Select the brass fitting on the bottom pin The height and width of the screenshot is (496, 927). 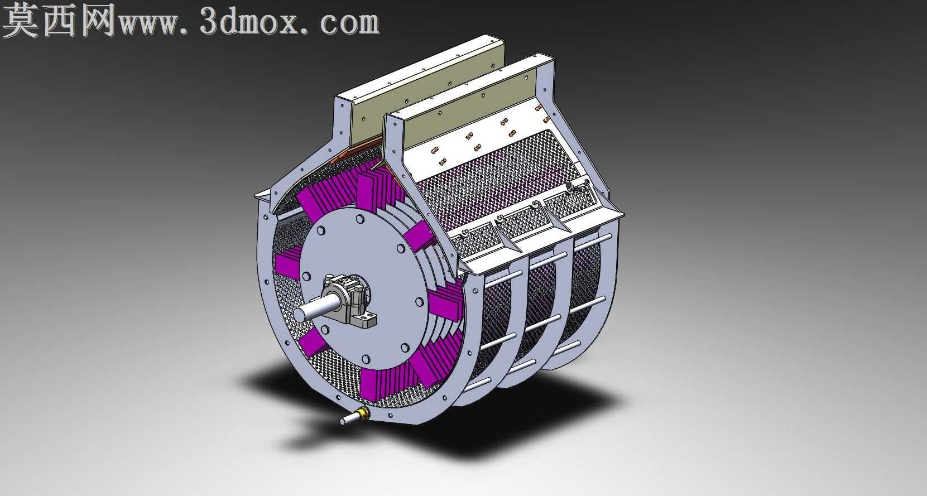[x=363, y=413]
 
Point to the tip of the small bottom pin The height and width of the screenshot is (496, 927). [x=343, y=421]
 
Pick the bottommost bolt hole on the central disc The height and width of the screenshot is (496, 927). [x=366, y=359]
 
